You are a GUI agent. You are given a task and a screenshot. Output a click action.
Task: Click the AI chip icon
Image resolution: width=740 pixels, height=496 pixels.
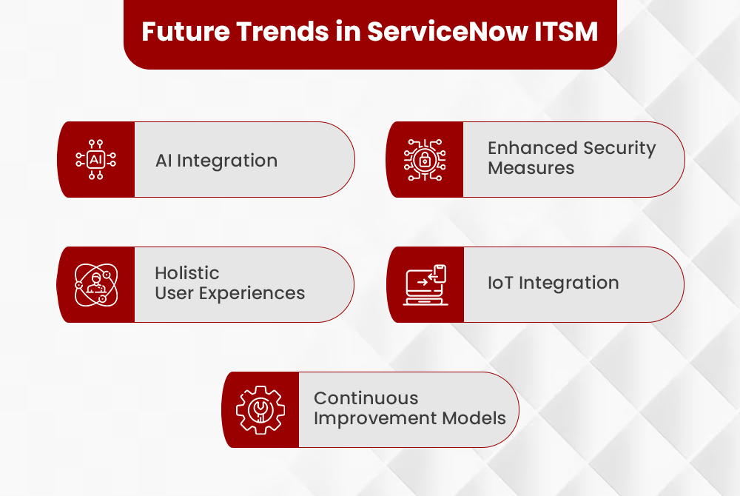96,160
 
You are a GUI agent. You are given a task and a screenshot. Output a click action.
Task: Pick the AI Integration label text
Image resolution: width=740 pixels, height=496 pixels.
216,161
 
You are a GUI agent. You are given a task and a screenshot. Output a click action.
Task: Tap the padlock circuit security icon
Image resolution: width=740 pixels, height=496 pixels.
425,160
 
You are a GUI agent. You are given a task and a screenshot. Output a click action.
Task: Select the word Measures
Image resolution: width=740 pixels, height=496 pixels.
531,168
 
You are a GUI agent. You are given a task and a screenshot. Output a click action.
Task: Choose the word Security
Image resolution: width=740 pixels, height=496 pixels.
619,148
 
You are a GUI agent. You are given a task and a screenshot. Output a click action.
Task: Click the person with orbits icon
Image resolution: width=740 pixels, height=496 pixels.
96,285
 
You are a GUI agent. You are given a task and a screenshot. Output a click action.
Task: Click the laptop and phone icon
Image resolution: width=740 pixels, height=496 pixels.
425,285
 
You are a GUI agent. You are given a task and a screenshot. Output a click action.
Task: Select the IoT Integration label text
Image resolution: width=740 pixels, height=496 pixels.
553,284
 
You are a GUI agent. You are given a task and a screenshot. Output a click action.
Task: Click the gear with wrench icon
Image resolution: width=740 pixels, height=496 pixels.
260,409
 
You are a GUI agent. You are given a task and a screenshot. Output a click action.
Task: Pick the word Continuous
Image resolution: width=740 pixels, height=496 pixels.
366,398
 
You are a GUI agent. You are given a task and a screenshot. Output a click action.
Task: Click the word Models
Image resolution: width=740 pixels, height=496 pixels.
474,418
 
